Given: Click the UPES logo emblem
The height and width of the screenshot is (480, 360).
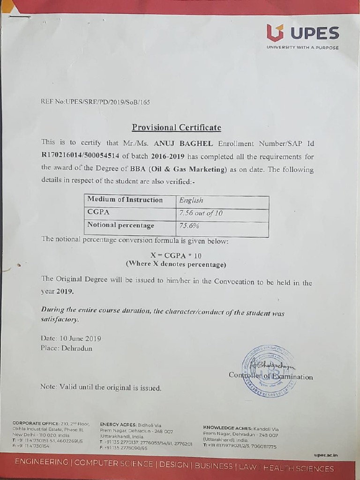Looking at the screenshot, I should click(x=276, y=33).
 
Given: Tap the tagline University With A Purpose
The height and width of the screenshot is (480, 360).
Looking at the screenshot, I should click(x=302, y=47).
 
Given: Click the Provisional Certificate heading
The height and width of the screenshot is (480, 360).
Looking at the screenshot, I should click(x=176, y=127).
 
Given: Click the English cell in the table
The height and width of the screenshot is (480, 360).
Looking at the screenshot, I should click(x=191, y=201).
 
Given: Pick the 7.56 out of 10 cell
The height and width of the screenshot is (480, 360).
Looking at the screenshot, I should click(x=201, y=213).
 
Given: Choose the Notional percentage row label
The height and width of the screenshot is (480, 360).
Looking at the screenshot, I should click(x=121, y=225).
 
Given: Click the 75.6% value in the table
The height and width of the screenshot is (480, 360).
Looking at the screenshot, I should click(x=189, y=226).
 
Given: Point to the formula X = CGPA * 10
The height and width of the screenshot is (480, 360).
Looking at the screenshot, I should click(x=176, y=256).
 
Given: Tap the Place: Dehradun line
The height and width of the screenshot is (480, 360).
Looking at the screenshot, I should click(x=67, y=348).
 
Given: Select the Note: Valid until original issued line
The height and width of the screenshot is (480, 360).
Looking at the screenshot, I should click(x=101, y=388).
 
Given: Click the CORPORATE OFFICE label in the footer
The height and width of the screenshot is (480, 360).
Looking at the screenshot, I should click(x=36, y=423).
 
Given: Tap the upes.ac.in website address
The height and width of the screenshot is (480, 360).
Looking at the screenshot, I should click(x=325, y=455).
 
